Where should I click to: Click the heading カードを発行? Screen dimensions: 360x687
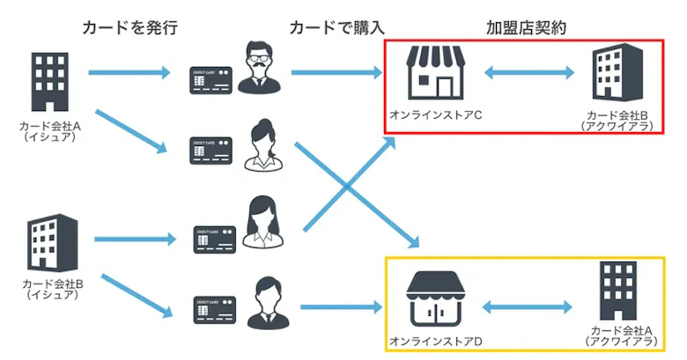click(130, 27)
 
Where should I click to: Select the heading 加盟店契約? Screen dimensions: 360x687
click(526, 27)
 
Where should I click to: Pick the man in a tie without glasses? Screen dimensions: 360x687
click(261, 299)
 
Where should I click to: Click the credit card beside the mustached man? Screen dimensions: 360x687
click(211, 79)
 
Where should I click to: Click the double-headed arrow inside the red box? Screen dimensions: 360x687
click(525, 74)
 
